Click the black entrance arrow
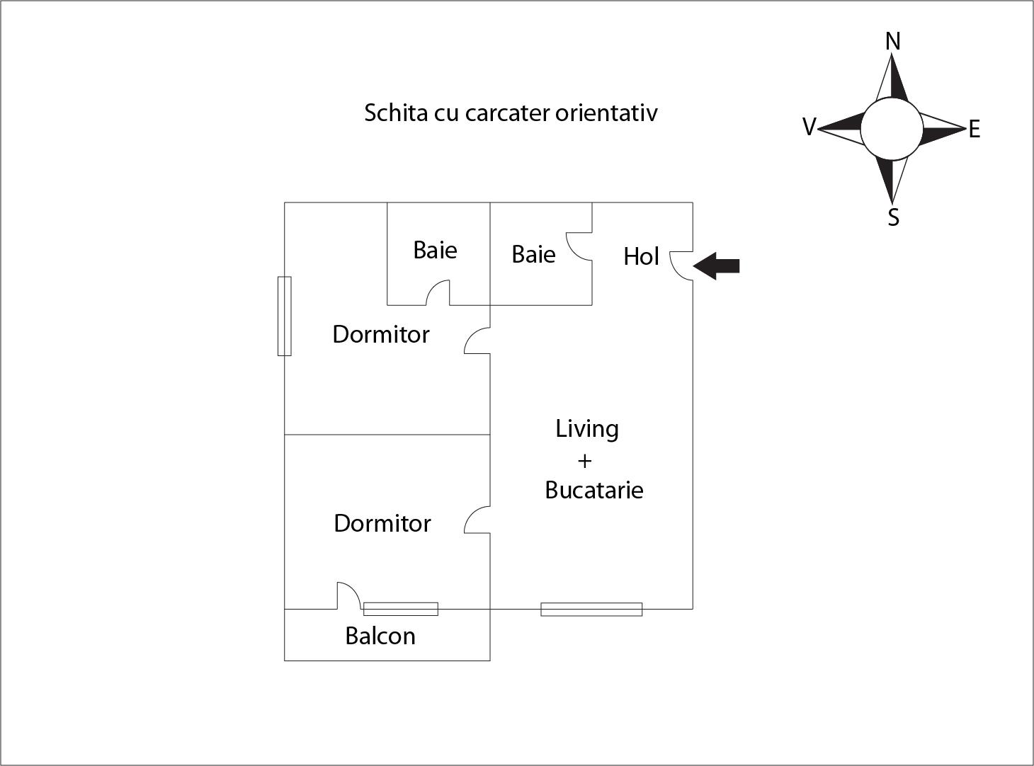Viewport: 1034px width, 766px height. (717, 266)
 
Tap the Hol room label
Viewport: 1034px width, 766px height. (641, 256)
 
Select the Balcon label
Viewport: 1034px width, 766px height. (380, 636)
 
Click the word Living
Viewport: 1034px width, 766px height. (586, 429)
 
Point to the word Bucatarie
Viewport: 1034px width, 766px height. (593, 490)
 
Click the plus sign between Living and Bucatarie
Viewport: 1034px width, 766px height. (584, 461)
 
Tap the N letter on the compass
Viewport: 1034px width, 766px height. (892, 42)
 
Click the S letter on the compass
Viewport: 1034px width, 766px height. (893, 217)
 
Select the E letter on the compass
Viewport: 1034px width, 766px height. (974, 130)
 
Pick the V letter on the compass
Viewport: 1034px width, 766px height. (809, 127)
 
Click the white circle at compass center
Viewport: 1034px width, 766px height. (892, 129)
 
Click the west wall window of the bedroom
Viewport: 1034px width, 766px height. (284, 316)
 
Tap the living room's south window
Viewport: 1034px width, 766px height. (591, 609)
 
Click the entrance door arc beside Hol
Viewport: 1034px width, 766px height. (681, 266)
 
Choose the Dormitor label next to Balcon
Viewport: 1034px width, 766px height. (382, 523)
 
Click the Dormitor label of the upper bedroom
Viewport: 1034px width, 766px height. (381, 334)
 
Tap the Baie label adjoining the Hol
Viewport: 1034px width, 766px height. (533, 255)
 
